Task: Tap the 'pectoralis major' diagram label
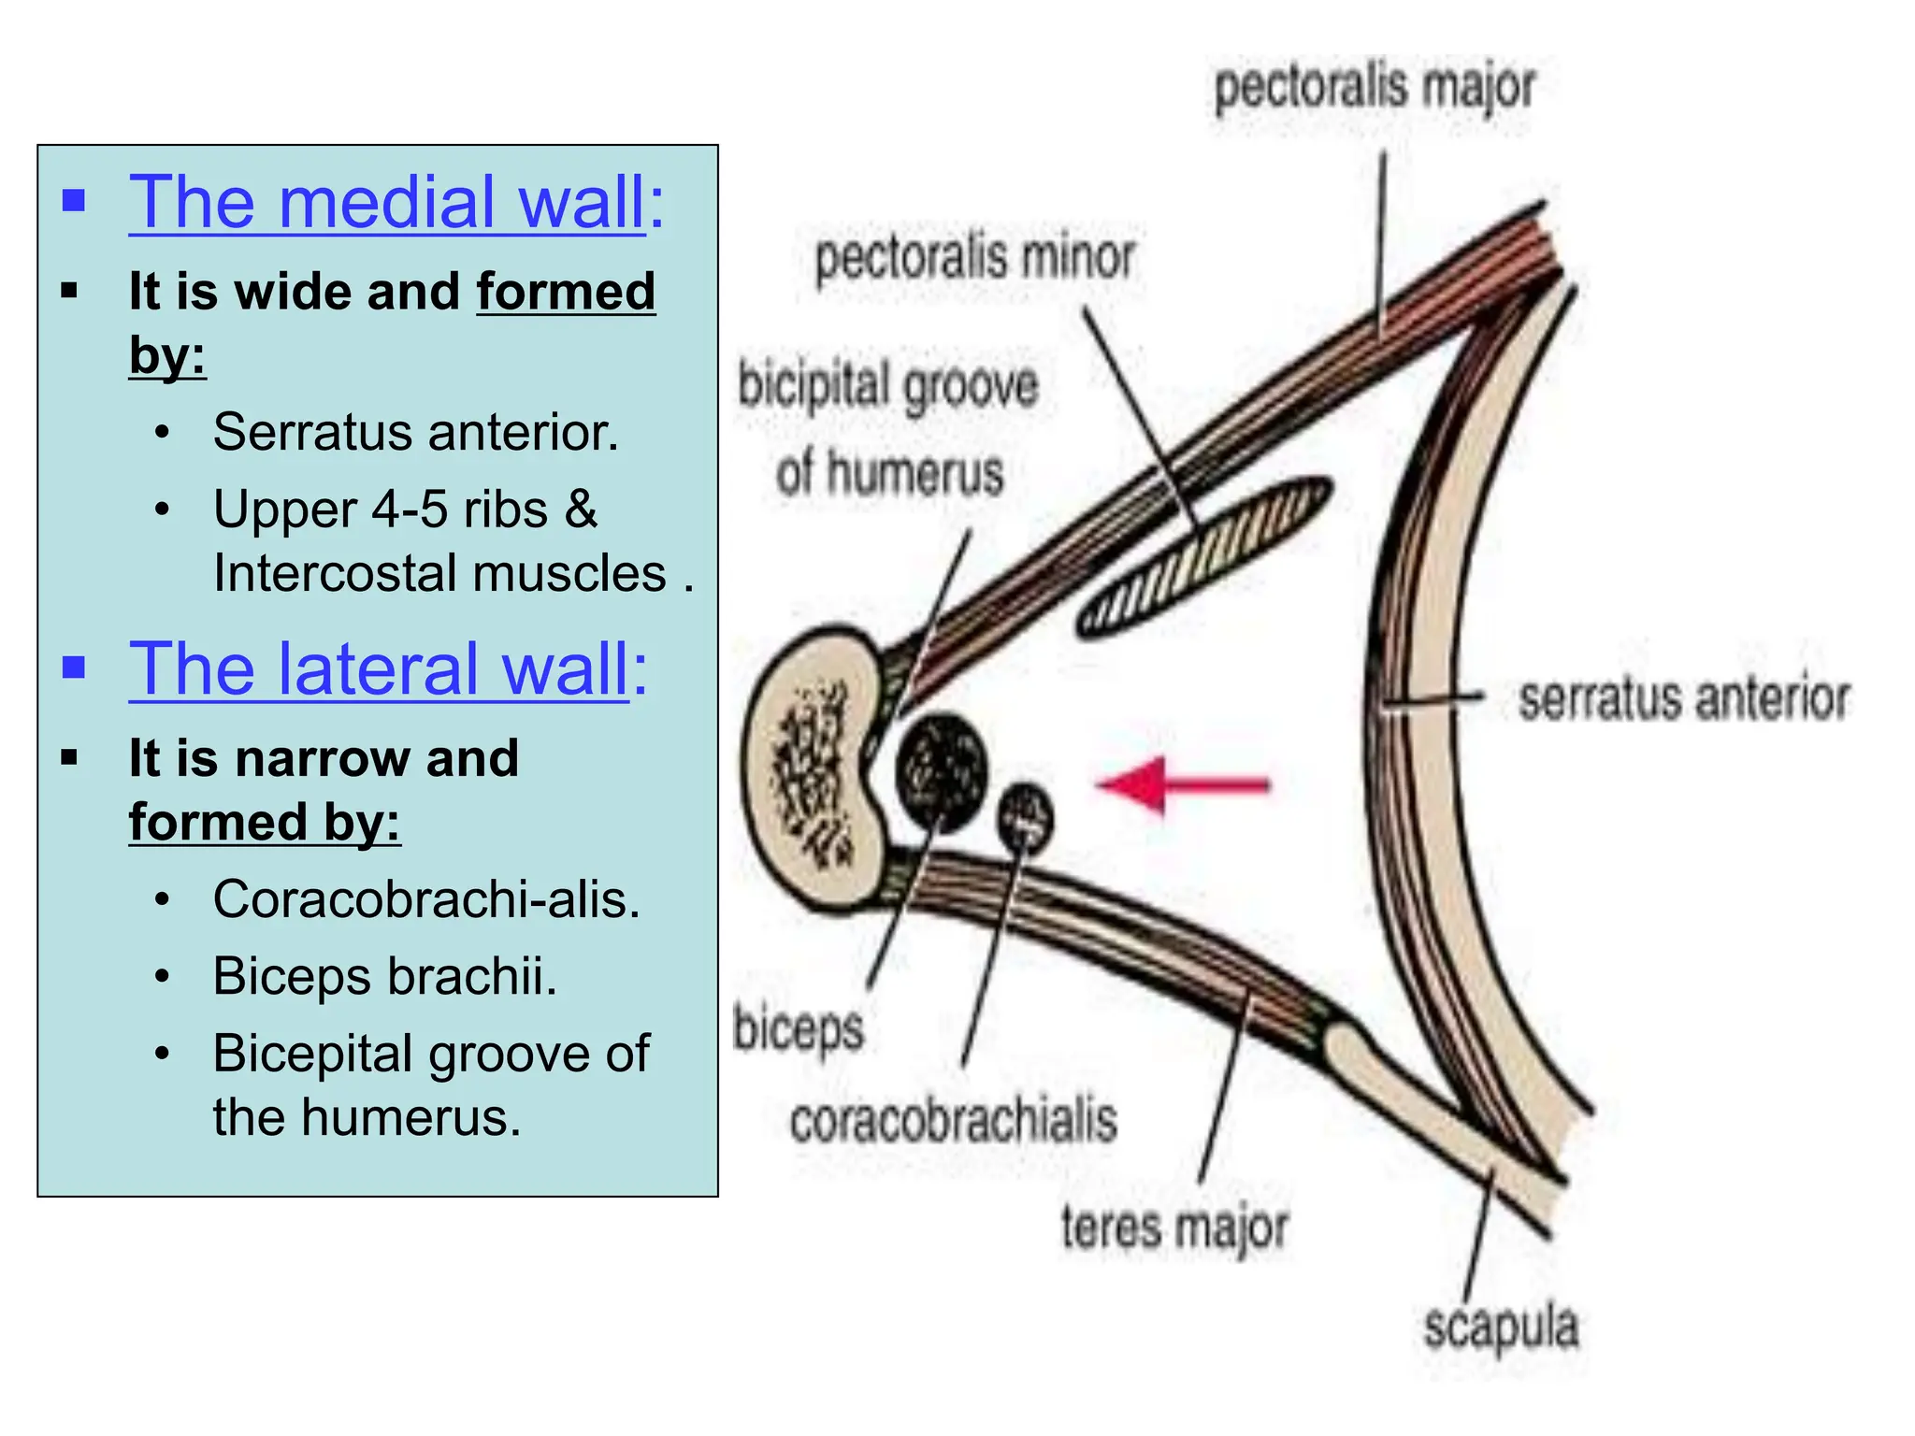click(x=1374, y=88)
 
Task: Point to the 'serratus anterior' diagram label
click(x=1683, y=698)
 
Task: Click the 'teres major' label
click(x=1174, y=1227)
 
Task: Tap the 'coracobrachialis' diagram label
click(x=953, y=1120)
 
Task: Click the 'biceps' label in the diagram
click(x=798, y=1029)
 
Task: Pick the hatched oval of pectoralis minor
click(x=1204, y=557)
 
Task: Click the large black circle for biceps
click(x=941, y=770)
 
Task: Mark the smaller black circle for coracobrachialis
click(x=1025, y=817)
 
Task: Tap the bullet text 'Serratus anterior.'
click(x=415, y=432)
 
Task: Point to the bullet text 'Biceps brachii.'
click(x=384, y=976)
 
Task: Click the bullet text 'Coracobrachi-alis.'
click(x=426, y=899)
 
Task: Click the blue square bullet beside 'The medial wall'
click(x=74, y=201)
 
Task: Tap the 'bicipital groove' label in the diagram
click(x=887, y=386)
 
